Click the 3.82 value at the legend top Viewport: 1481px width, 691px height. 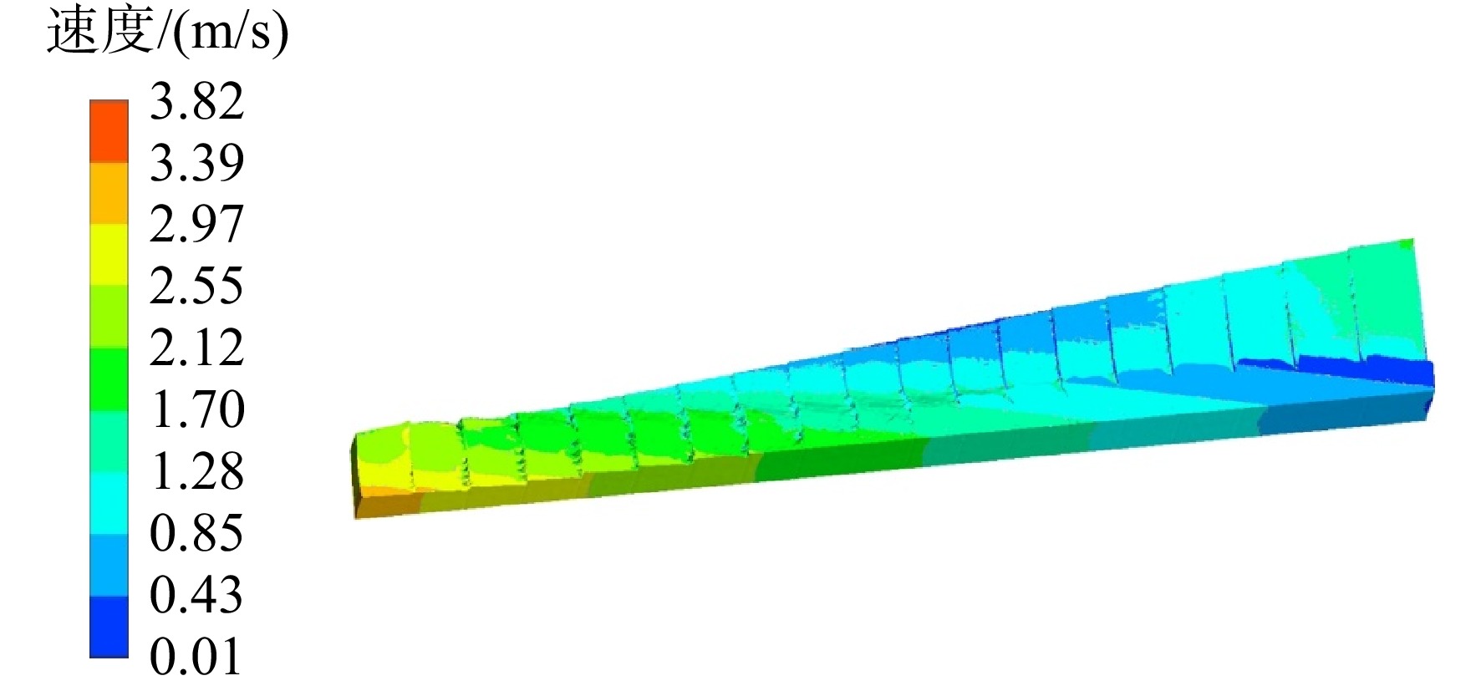coord(196,101)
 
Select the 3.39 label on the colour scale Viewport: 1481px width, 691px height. coord(196,162)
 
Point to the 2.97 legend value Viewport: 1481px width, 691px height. coord(196,224)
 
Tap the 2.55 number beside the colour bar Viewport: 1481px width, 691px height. coord(196,286)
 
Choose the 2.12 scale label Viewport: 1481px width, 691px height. coord(196,348)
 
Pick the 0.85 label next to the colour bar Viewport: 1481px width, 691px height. coord(196,533)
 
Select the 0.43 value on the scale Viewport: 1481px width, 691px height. coord(196,595)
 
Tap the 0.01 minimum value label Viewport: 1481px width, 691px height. coord(196,657)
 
